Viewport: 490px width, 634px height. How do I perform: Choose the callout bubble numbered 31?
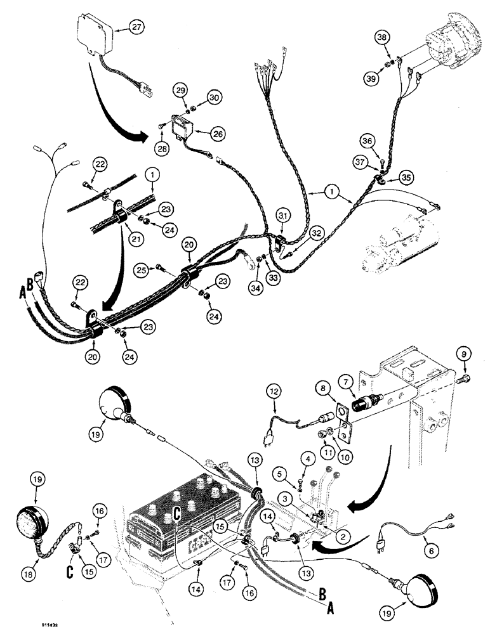click(x=281, y=217)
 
